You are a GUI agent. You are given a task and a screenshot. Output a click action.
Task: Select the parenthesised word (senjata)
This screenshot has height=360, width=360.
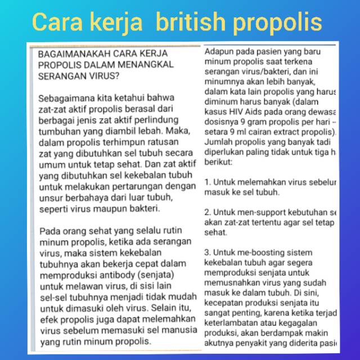tap(155, 274)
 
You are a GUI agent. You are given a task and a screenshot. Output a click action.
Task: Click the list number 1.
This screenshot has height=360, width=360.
tap(207, 182)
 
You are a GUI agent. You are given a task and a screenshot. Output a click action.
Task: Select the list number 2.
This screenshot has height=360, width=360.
tap(207, 212)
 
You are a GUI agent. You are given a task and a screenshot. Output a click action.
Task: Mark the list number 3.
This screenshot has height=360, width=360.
tap(207, 252)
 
